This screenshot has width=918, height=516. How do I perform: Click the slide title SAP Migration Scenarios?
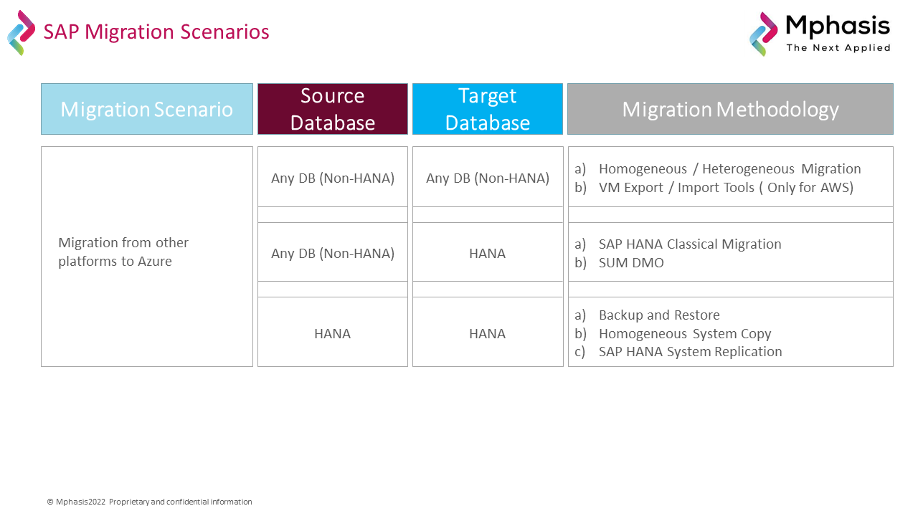click(156, 32)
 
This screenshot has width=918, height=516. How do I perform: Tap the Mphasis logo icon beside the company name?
click(764, 34)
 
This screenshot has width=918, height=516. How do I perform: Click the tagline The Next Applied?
click(838, 48)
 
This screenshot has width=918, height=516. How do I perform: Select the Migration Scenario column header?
click(147, 109)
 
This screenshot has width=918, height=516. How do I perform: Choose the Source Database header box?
click(332, 109)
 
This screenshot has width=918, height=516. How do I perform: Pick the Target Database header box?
click(487, 109)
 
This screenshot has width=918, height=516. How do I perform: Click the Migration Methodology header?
click(730, 109)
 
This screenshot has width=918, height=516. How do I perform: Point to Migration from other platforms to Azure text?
click(123, 252)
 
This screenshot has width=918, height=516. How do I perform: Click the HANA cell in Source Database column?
click(332, 334)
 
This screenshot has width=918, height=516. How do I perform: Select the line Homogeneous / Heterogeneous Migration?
click(729, 168)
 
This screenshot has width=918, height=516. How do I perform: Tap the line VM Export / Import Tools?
click(726, 188)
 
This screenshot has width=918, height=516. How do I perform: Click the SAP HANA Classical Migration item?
click(690, 244)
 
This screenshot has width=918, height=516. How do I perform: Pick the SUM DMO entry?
click(631, 262)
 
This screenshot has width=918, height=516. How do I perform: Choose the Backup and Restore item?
click(659, 315)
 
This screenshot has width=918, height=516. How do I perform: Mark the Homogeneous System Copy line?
click(685, 334)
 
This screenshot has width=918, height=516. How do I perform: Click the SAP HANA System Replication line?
click(690, 352)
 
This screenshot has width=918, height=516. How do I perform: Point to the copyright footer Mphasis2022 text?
click(150, 502)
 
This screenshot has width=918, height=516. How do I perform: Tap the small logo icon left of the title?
click(22, 33)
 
